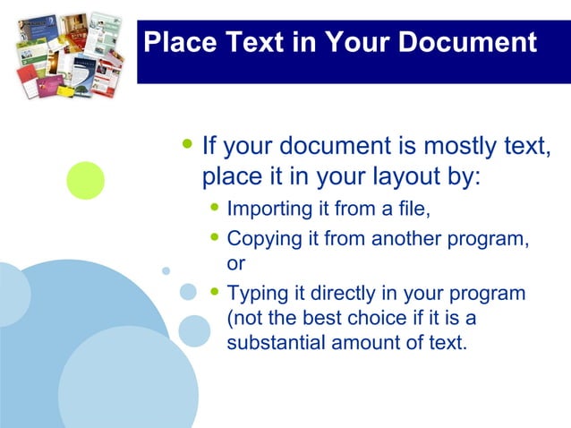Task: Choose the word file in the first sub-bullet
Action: pos(413,210)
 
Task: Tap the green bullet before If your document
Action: pos(186,143)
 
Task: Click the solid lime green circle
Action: pos(86,180)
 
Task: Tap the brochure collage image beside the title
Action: pos(70,53)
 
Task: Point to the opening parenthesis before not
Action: pos(231,319)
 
